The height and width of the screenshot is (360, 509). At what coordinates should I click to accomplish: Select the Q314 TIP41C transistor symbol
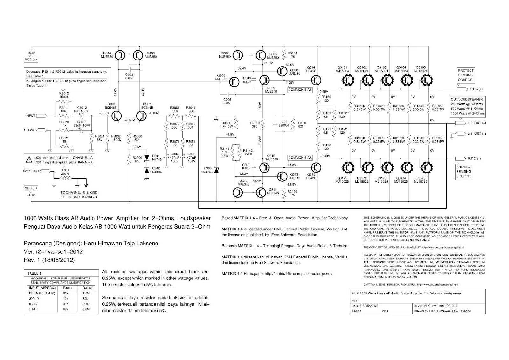click(316, 80)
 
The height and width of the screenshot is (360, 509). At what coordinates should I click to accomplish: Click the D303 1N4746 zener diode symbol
click(216, 171)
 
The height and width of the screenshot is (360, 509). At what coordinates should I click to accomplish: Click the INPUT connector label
click(31, 116)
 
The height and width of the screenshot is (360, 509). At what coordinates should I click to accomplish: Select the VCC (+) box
click(31, 60)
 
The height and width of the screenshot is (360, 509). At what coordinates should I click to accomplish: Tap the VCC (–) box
click(31, 188)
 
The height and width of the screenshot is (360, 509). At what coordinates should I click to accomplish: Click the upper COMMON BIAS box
click(300, 90)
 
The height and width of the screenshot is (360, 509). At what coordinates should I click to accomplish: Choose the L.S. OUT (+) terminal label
click(477, 123)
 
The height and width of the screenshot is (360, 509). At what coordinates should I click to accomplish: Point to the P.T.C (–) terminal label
click(474, 159)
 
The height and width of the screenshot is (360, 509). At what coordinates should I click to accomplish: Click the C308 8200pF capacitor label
click(284, 124)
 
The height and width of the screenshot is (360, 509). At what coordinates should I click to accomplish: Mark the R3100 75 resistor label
click(292, 55)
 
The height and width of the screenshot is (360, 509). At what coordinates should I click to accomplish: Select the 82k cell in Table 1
click(85, 299)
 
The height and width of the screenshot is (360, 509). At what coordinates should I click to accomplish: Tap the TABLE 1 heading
click(34, 273)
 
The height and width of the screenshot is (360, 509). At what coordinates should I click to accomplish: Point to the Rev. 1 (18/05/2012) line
click(49, 260)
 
